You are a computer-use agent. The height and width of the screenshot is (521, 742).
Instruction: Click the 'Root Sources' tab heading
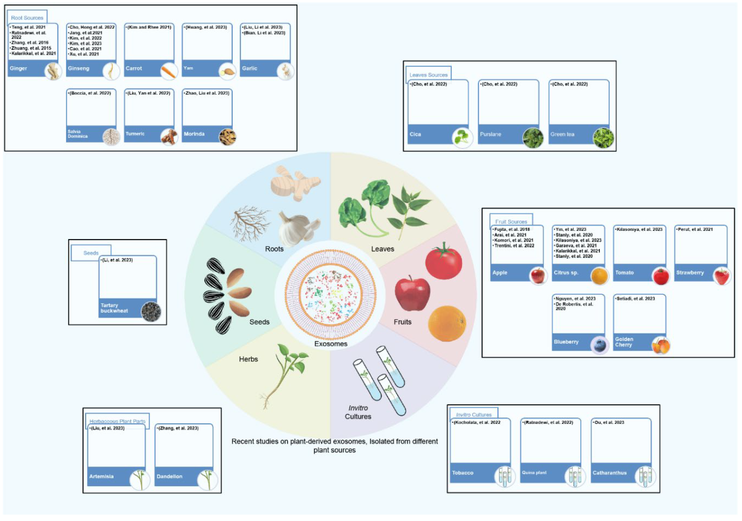[27, 18]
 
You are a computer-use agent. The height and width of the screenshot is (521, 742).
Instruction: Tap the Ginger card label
[18, 68]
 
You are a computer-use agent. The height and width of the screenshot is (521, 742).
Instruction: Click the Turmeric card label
[135, 133]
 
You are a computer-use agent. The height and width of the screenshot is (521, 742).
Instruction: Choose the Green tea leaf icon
[603, 138]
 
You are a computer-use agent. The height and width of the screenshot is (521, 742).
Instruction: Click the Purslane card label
[490, 134]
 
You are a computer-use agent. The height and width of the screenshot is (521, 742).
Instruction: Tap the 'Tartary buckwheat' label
[114, 308]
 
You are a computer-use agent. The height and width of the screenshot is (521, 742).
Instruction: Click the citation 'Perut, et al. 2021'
[695, 229]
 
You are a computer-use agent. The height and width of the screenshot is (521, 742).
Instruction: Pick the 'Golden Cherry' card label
[624, 342]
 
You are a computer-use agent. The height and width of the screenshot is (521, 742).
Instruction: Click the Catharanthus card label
[609, 473]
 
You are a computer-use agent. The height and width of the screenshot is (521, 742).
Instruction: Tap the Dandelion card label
[169, 476]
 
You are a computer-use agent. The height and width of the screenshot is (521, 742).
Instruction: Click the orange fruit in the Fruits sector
[447, 323]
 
